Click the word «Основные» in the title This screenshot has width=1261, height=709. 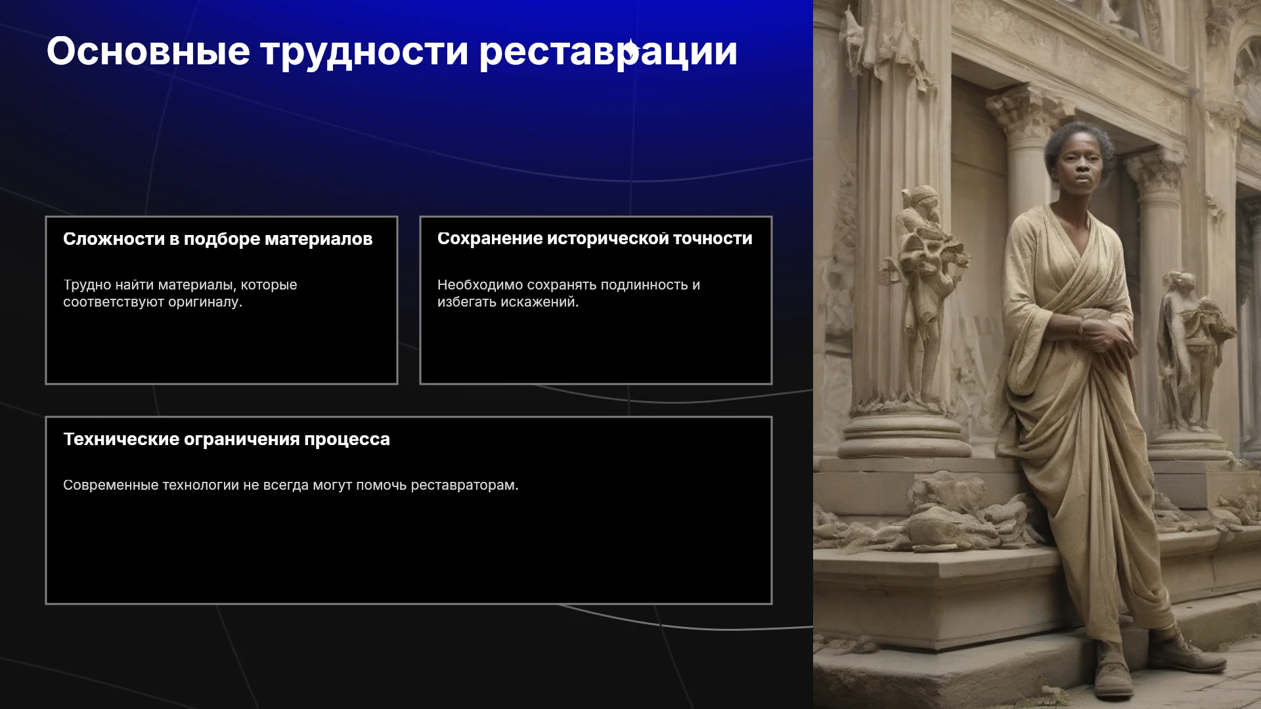[x=148, y=51]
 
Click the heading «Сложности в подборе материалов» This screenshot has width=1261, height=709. [x=217, y=240]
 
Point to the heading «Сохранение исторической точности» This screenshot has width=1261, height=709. [x=595, y=239]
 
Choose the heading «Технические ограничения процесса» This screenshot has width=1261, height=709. [x=227, y=440]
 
